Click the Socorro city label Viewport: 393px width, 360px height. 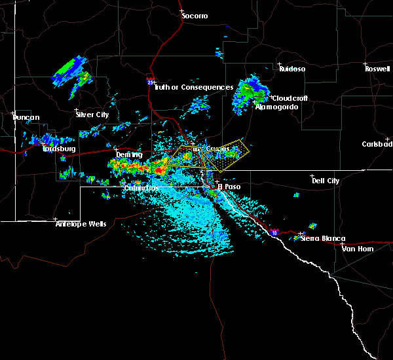[195, 15]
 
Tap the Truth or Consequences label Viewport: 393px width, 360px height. [195, 87]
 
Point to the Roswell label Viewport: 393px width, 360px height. [379, 68]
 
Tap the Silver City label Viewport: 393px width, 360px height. [92, 115]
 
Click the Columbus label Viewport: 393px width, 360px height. [141, 188]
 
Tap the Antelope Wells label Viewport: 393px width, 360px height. [81, 223]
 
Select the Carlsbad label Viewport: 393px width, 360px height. [379, 144]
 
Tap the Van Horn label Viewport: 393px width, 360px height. [357, 248]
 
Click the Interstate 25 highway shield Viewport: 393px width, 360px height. [151, 82]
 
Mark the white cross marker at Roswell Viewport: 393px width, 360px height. [365, 64]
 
